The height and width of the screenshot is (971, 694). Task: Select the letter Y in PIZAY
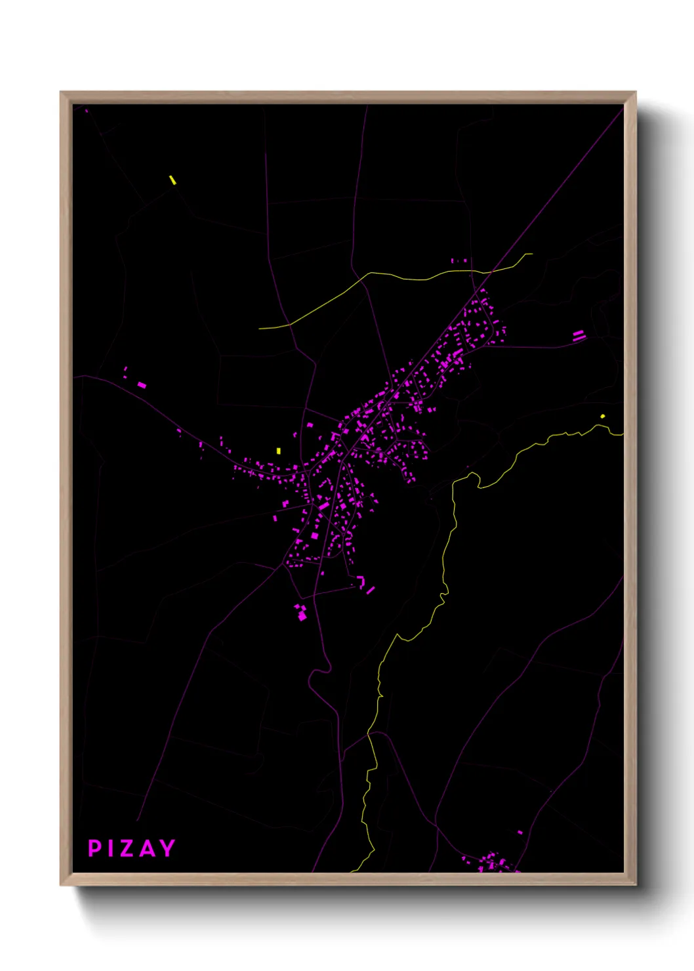[x=167, y=848]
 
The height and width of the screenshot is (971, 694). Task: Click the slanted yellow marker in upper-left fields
[x=173, y=180]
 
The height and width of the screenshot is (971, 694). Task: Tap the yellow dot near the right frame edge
[x=603, y=416]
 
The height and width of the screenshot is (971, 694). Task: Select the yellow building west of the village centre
[x=279, y=451]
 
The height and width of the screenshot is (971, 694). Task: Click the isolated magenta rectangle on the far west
[x=142, y=385]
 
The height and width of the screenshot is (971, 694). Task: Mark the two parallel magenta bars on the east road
[x=579, y=336]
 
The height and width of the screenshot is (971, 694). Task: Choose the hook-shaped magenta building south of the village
[x=361, y=581]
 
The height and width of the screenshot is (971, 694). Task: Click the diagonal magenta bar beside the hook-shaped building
[x=371, y=590]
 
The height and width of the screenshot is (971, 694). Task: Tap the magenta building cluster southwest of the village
[x=300, y=612]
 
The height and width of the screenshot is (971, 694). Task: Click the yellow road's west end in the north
[x=260, y=328]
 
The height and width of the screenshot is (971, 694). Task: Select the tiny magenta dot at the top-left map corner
[x=87, y=111]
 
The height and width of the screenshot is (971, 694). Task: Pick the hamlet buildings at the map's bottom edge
[x=492, y=861]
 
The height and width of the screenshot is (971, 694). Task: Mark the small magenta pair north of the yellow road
[x=459, y=261]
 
